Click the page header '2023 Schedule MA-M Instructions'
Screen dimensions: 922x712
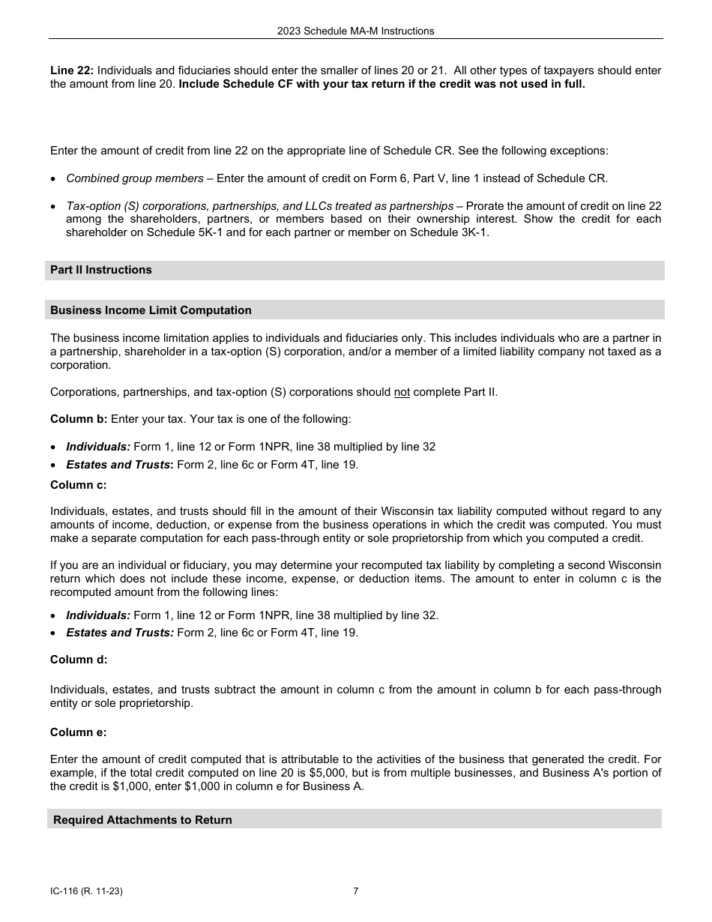(355, 31)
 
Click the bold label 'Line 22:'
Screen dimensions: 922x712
(72, 70)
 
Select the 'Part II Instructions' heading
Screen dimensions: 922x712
(101, 270)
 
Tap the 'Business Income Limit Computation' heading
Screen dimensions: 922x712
(151, 310)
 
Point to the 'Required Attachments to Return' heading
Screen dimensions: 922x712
(142, 820)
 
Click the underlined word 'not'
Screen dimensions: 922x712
(402, 392)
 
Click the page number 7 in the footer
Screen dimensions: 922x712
(356, 891)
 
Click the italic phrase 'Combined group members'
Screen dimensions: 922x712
(135, 178)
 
